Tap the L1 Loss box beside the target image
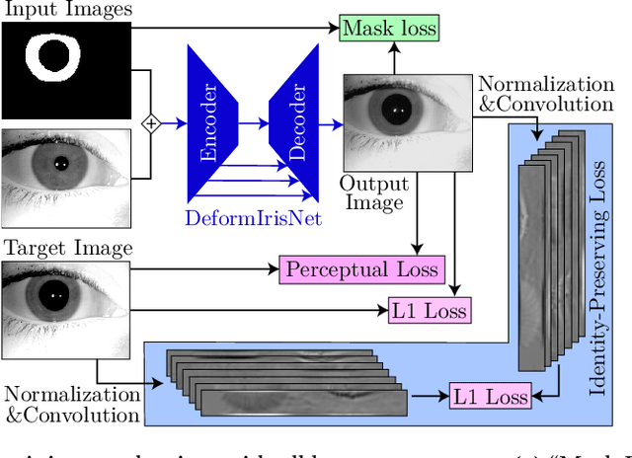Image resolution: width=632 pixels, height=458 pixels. point(429,311)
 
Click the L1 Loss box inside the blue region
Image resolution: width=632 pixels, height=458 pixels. point(490,397)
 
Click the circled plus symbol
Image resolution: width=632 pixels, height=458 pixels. point(150,123)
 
